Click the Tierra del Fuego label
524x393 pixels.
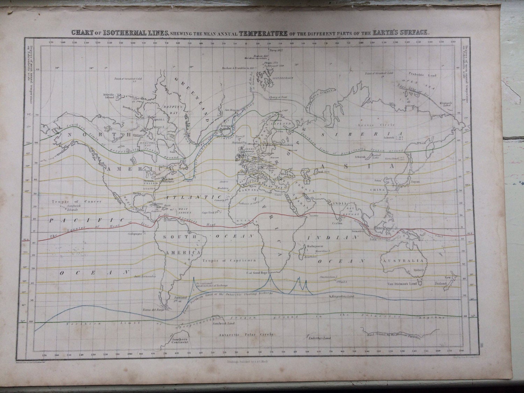click(154, 310)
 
